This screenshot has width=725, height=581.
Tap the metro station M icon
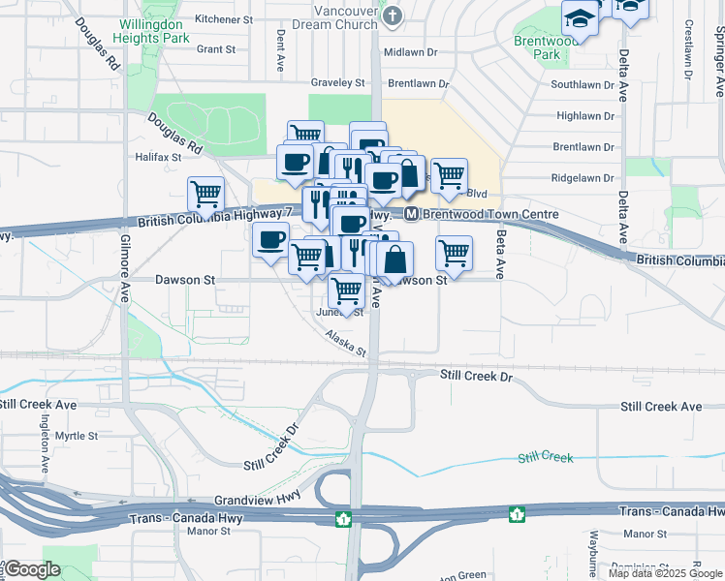tap(411, 214)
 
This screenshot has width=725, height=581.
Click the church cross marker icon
tap(392, 16)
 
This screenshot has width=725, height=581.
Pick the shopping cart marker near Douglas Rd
tap(205, 195)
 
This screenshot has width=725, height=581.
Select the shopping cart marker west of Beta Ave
tap(454, 254)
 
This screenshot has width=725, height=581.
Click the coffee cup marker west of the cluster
tap(270, 239)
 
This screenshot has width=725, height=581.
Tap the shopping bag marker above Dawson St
tap(395, 260)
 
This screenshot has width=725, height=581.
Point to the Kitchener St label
tap(223, 18)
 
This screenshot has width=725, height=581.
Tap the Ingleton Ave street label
tap(45, 443)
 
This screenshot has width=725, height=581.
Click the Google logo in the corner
tap(32, 569)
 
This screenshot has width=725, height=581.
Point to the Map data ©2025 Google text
tap(665, 573)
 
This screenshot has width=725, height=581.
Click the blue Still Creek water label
tap(545, 457)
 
